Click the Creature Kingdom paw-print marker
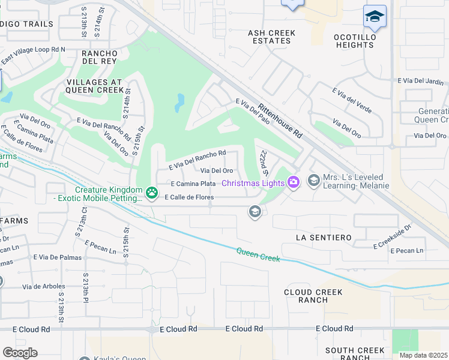click(152, 193)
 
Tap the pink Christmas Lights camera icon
click(294, 181)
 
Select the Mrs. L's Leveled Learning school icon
click(313, 180)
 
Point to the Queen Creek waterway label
click(258, 254)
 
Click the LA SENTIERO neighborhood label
click(324, 238)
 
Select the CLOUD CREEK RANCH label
click(313, 296)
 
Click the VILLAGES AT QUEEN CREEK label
click(94, 86)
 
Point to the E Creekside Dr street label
click(393, 236)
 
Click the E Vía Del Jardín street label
click(420, 81)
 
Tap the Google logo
click(20, 353)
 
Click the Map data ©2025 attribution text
click(423, 355)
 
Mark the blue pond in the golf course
click(179, 103)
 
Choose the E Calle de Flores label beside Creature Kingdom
click(189, 197)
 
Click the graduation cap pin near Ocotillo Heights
click(375, 17)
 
